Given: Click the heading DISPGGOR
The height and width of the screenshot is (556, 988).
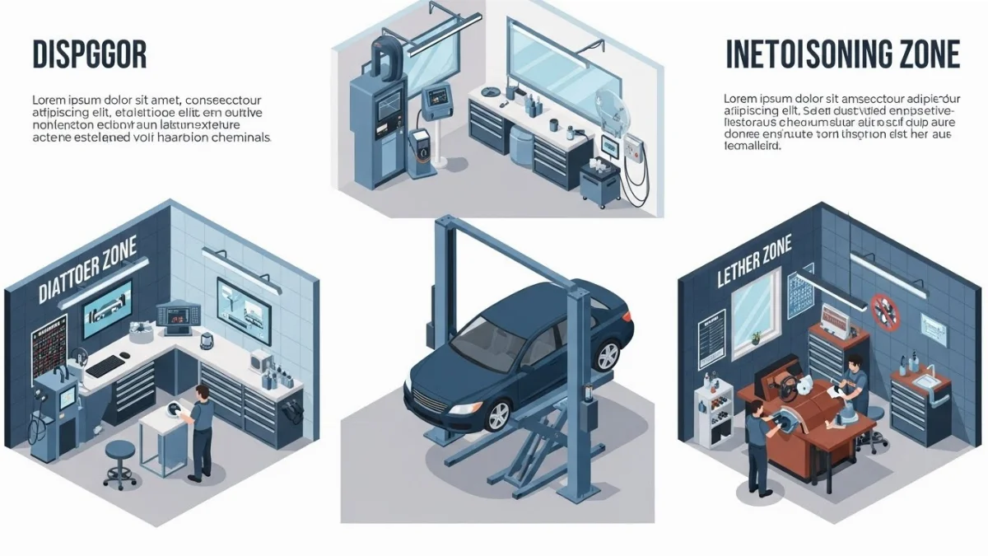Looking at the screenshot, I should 89,54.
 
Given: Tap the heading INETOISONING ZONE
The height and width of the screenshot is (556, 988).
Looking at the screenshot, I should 842,54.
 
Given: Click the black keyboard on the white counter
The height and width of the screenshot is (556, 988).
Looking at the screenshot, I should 108,364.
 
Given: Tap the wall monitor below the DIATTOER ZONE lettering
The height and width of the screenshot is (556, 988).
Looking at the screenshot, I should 106,306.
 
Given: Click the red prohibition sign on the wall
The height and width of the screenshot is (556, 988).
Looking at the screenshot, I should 884,311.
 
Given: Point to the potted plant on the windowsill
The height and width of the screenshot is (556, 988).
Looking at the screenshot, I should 755,338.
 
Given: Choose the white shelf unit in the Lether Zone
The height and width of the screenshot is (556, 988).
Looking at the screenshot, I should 711,416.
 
